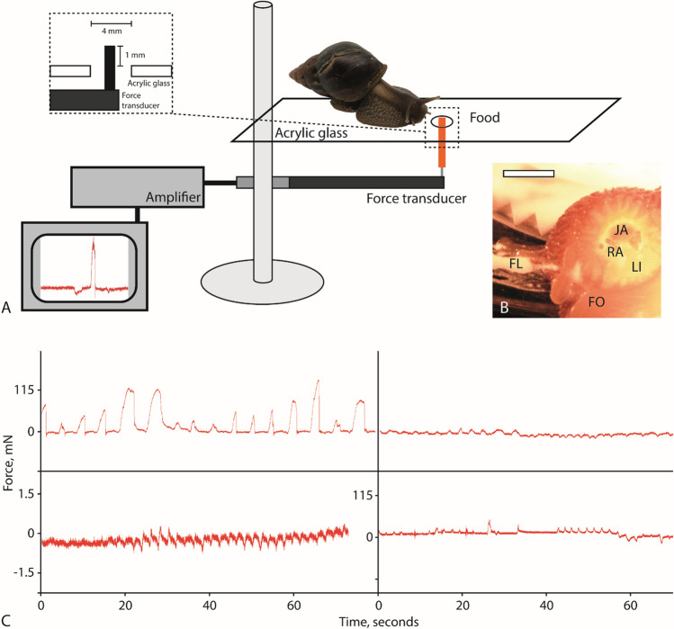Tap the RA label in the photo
(616, 252)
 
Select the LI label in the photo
(636, 266)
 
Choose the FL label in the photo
(515, 265)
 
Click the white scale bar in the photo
(528, 171)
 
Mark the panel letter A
(7, 309)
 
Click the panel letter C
(8, 619)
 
